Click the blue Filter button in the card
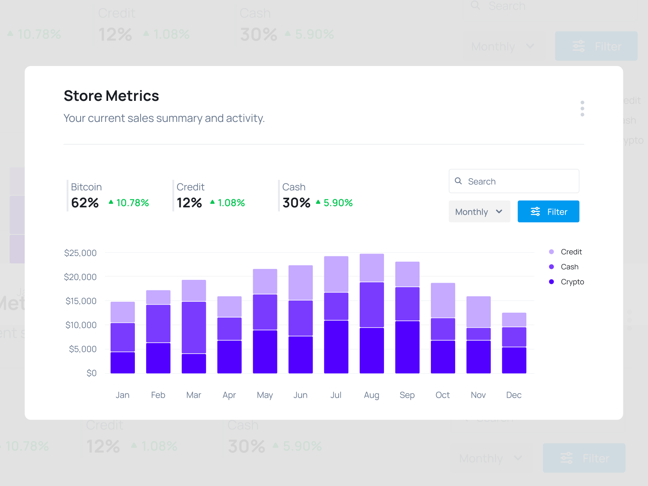pos(548,211)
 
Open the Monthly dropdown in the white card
pos(479,211)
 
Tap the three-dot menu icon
pos(582,109)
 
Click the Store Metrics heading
pos(111,96)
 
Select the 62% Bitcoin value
pos(85,202)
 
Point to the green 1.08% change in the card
pos(231,202)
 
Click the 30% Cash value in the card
pos(296,202)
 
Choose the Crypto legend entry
pos(571,282)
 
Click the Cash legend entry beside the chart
pos(569,267)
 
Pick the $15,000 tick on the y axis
pos(81,301)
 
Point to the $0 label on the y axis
pos(92,373)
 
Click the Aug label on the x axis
pos(371,395)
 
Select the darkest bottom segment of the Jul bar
pos(336,347)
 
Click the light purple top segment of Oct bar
pos(443,300)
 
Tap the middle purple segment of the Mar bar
pos(194,327)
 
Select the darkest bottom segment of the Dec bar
pos(514,360)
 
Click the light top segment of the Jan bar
pos(123,312)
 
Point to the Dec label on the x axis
pos(514,395)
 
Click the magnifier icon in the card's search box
pos(458,181)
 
